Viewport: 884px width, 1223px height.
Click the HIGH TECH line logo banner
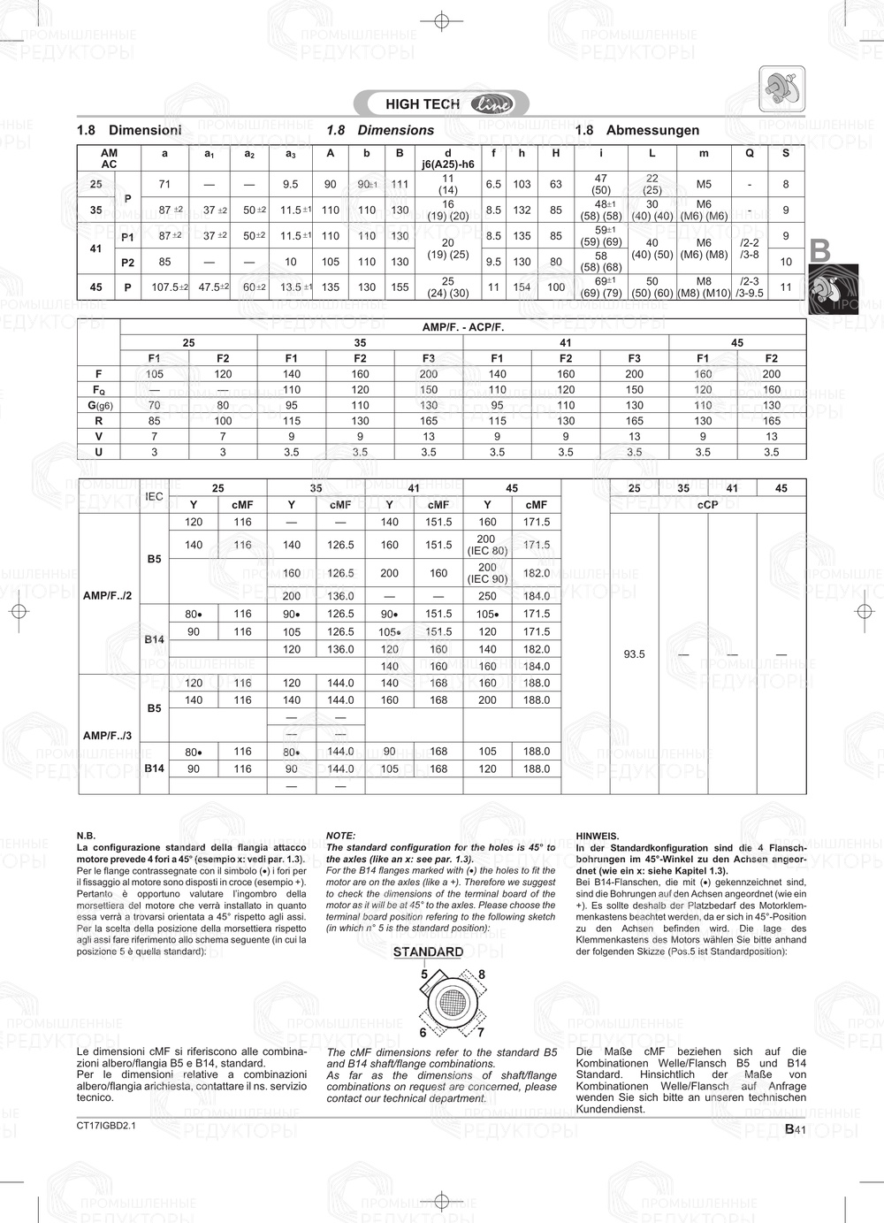[441, 104]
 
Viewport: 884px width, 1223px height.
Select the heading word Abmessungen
[652, 130]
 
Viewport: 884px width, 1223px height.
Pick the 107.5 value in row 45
[166, 287]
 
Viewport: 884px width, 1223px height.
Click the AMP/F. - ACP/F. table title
[462, 327]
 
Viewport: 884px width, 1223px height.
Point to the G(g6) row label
[98, 405]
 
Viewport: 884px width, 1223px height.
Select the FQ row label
[98, 390]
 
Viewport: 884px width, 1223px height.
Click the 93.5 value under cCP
[634, 654]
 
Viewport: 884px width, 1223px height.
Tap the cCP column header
[707, 505]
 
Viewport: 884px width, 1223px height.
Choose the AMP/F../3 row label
[107, 736]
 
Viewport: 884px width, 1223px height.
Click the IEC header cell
[154, 496]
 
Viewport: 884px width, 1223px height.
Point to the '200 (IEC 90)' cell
[486, 573]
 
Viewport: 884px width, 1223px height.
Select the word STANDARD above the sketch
[428, 952]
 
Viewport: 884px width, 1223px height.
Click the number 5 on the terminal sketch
[424, 975]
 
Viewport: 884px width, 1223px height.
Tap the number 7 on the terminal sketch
[480, 1032]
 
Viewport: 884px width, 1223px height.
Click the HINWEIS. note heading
[598, 836]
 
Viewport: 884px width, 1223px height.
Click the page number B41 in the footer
[795, 1129]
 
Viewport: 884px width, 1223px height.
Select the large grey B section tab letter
[820, 251]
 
